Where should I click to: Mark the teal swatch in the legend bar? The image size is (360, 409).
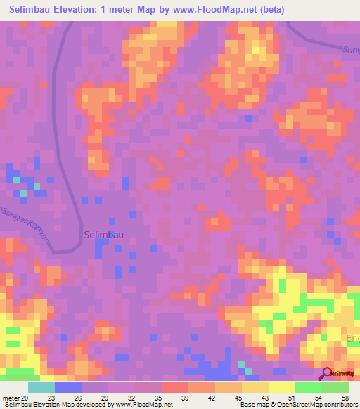(x=41, y=387)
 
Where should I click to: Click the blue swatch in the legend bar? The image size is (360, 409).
(x=68, y=387)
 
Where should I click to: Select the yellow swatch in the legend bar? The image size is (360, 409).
(x=282, y=387)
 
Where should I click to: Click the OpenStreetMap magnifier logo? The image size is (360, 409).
(x=327, y=373)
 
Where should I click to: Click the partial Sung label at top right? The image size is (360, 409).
(x=350, y=50)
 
